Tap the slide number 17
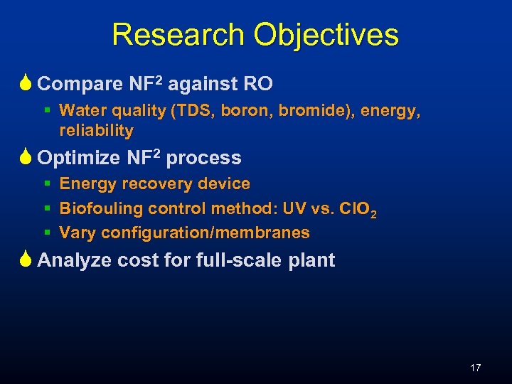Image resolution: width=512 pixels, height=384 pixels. [476, 368]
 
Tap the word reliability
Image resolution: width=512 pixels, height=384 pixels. [96, 131]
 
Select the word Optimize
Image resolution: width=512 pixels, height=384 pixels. [80, 158]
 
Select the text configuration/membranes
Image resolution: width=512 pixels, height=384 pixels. [206, 233]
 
